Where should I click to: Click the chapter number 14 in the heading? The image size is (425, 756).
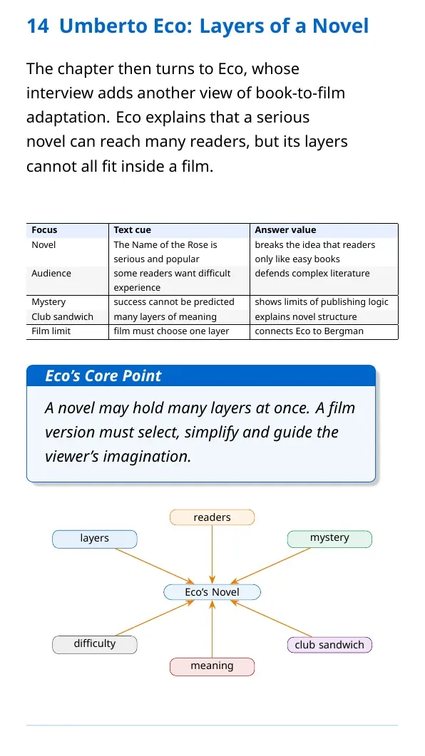(x=37, y=26)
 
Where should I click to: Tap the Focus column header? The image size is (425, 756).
(x=44, y=230)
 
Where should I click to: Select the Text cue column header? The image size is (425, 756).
(x=132, y=230)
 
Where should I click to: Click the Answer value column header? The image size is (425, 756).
(x=285, y=230)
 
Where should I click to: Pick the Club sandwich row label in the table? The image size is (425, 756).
(x=62, y=317)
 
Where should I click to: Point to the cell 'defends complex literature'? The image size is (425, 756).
(x=312, y=274)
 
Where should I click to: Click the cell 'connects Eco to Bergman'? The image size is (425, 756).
(x=309, y=331)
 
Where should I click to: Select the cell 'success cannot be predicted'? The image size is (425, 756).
(x=174, y=302)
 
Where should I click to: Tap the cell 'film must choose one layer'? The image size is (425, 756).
(x=171, y=331)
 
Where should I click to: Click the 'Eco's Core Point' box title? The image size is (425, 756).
(x=103, y=376)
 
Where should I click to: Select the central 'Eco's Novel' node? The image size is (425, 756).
(x=212, y=592)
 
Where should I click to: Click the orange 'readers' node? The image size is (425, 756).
(x=212, y=517)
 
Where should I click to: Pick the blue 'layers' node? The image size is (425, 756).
(x=95, y=539)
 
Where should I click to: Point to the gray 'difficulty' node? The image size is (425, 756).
(x=95, y=645)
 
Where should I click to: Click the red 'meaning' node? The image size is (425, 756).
(x=212, y=667)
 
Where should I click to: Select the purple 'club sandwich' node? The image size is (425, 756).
(x=329, y=645)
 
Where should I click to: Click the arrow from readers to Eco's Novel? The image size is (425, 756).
(x=212, y=554)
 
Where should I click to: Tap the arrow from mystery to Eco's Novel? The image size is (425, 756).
(x=270, y=566)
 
